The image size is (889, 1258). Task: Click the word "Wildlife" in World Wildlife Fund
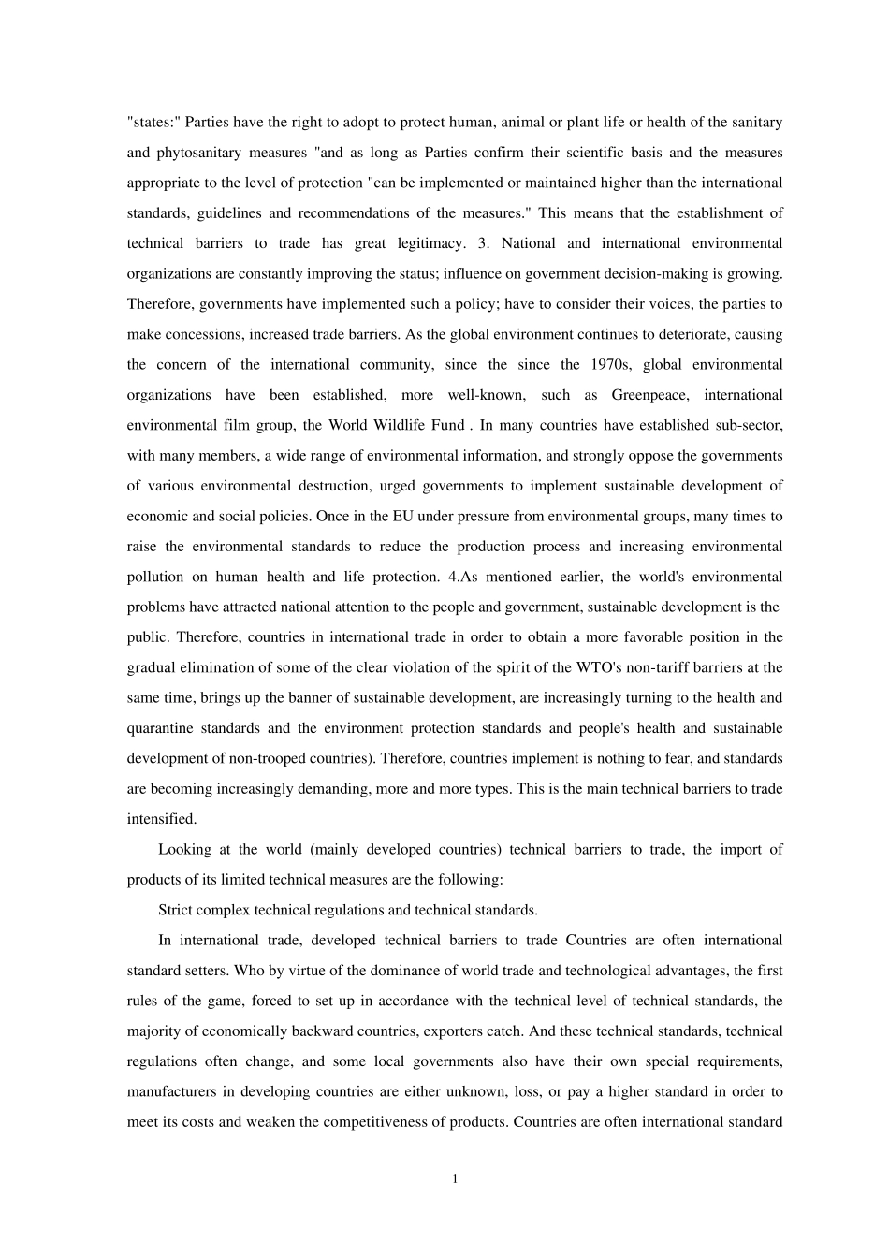(390, 425)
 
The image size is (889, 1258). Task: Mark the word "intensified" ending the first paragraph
(161, 819)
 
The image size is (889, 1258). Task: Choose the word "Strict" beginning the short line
(176, 910)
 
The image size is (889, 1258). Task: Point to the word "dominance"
(378, 971)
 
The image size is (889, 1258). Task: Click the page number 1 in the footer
(455, 1179)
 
